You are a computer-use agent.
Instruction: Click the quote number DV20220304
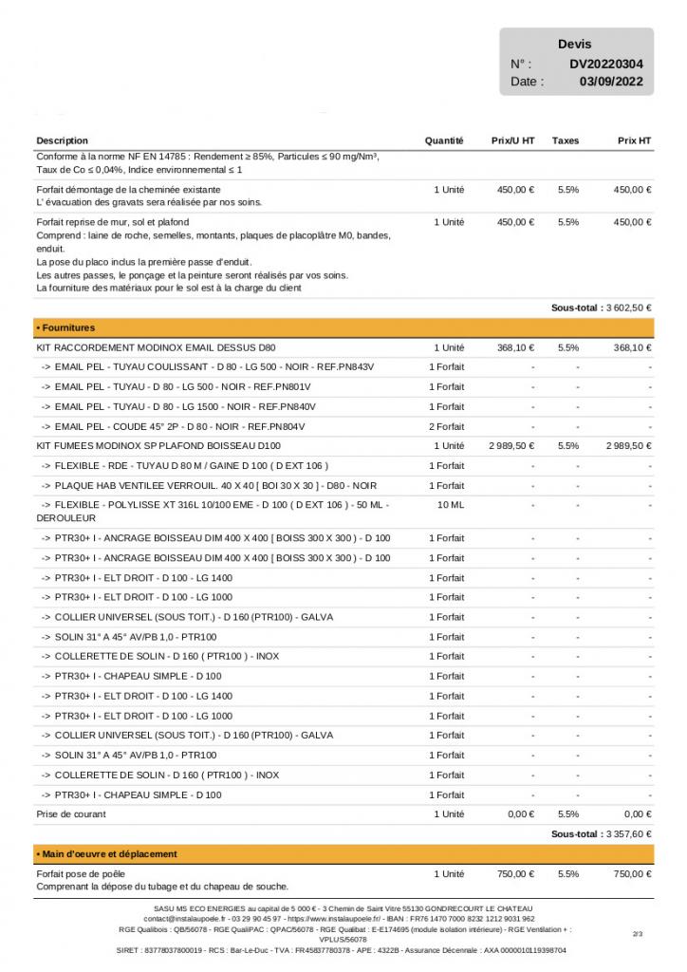coord(606,65)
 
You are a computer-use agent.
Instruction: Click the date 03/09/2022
coord(611,82)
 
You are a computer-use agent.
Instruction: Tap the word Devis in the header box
coord(574,44)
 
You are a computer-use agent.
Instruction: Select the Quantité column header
coord(444,140)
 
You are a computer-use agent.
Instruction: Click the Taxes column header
coord(566,140)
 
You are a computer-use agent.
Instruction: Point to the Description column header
coord(63,140)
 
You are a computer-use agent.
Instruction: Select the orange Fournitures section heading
coord(66,327)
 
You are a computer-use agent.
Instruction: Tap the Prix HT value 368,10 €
coord(632,347)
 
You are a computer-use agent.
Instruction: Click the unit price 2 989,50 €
coord(511,445)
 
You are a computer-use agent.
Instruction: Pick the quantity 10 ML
coord(450,505)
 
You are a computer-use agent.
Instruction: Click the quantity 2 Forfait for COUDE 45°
coord(447,426)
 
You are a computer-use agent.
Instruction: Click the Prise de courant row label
coord(71,814)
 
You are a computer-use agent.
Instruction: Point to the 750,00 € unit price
coord(516,873)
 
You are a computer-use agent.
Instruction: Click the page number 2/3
coord(637,934)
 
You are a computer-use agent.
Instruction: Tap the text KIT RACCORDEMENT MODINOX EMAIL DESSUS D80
coord(156,347)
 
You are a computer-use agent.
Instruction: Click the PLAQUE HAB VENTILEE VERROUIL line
coord(209,485)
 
